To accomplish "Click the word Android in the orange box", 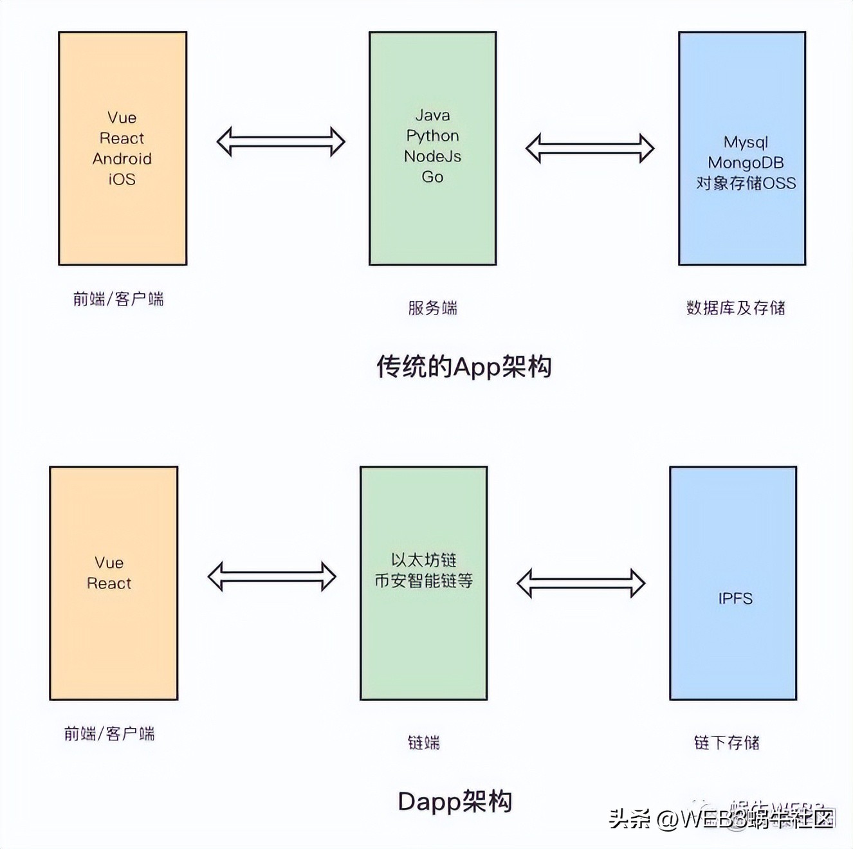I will [x=122, y=159].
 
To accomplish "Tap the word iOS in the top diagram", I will [x=122, y=179].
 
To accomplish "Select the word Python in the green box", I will [x=432, y=136].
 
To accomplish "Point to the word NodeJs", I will [x=432, y=156].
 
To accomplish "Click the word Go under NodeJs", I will [x=432, y=177].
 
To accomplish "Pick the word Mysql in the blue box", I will [x=746, y=142].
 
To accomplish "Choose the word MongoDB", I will [x=746, y=163].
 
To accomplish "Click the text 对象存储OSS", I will [x=746, y=183].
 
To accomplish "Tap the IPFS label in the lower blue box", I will [x=735, y=599].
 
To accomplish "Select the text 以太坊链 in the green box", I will [x=423, y=560].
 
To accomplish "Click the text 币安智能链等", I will [x=423, y=581].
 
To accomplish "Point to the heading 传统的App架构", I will [x=464, y=367].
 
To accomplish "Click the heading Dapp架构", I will [x=455, y=801].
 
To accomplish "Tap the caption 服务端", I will [x=432, y=308].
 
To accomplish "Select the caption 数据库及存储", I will [x=735, y=308].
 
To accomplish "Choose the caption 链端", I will [x=423, y=743].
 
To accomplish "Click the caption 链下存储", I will [x=726, y=743].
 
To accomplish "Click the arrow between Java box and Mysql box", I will [x=589, y=149].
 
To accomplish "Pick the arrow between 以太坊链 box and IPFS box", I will [x=580, y=583].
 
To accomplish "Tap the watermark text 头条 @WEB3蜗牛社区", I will [x=721, y=819].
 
